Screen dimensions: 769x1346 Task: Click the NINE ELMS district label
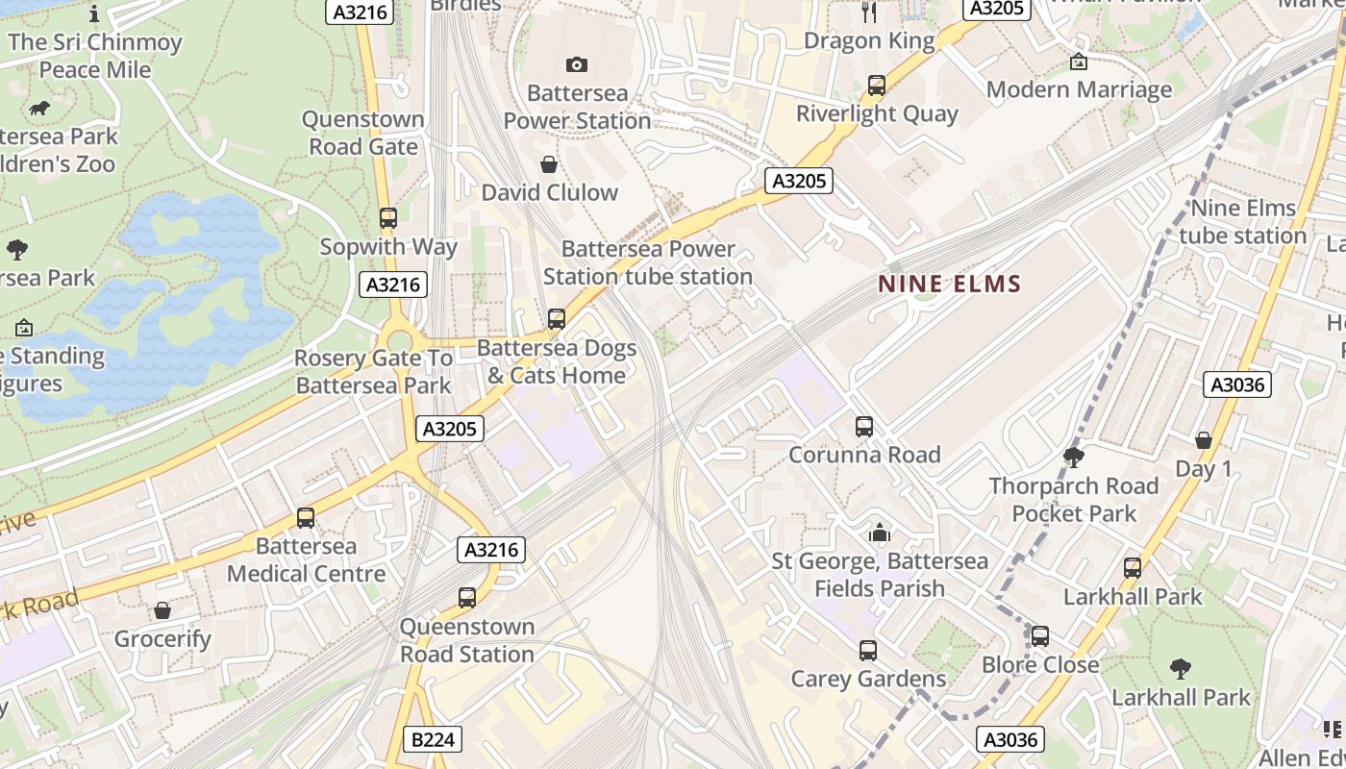click(x=949, y=284)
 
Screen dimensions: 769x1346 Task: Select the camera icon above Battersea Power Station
click(x=577, y=64)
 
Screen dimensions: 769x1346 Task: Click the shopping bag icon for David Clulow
click(x=549, y=164)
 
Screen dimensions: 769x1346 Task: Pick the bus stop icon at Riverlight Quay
click(x=876, y=86)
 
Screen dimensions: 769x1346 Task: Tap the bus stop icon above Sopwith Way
click(x=388, y=218)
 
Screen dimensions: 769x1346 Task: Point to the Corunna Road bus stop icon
click(x=864, y=427)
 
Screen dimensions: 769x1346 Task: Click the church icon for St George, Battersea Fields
click(x=879, y=533)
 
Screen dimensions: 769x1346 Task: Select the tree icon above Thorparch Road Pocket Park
click(x=1074, y=458)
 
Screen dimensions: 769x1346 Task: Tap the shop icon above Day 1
click(x=1203, y=440)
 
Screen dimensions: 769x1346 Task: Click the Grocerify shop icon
click(x=162, y=610)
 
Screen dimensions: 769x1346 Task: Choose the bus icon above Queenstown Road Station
click(x=467, y=598)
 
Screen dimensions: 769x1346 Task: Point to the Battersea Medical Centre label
click(x=306, y=559)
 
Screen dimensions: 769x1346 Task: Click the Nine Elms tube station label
click(x=1242, y=222)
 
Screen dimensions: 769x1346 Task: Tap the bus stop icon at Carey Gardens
click(x=868, y=651)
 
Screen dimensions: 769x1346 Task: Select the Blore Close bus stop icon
click(x=1039, y=636)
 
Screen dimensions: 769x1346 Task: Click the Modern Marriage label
click(x=1079, y=89)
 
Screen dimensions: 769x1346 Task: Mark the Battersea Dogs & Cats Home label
click(x=556, y=361)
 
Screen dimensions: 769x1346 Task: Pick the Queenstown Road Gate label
click(x=362, y=133)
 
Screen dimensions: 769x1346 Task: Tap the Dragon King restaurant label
click(x=869, y=40)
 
